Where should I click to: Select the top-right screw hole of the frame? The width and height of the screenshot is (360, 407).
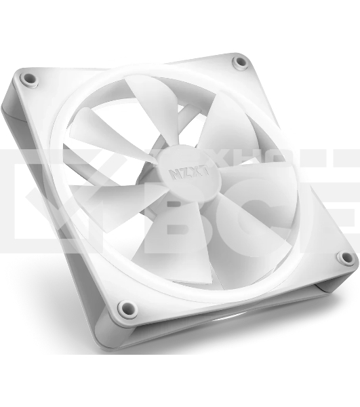[240, 62]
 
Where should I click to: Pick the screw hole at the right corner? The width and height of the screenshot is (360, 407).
[346, 258]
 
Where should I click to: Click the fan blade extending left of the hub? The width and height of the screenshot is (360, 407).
[102, 136]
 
